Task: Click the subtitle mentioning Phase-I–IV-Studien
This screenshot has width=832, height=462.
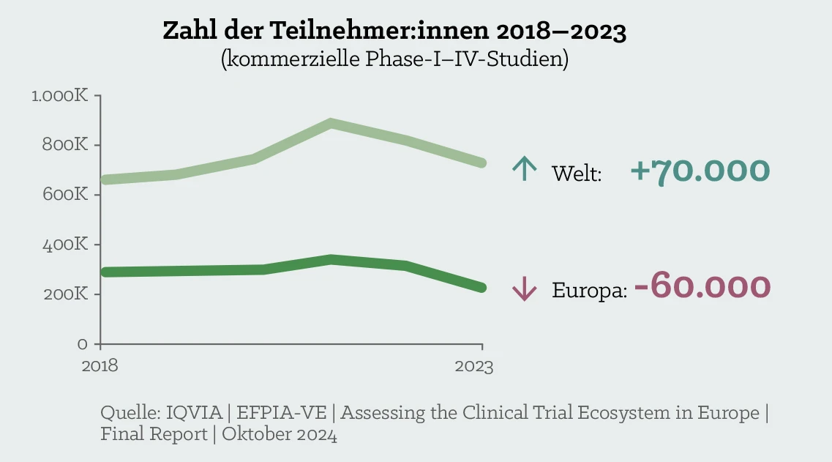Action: [x=394, y=58]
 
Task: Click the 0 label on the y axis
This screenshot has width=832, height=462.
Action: [x=82, y=343]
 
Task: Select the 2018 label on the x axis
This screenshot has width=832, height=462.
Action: [x=100, y=366]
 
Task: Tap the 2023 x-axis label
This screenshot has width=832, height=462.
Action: [x=473, y=366]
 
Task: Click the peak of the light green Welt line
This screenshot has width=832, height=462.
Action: [x=331, y=123]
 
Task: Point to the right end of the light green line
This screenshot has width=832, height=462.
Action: [x=481, y=163]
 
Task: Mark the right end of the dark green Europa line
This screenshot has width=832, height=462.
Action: [x=481, y=288]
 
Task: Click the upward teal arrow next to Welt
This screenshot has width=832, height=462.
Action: [x=524, y=170]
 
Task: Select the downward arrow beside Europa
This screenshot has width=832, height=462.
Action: [x=524, y=290]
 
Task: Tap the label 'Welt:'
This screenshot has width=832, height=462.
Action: [x=577, y=174]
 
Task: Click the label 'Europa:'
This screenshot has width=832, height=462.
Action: [x=589, y=291]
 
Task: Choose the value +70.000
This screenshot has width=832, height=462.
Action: [x=700, y=171]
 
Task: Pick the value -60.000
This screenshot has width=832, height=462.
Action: [x=702, y=286]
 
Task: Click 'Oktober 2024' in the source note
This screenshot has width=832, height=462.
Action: [x=280, y=434]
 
